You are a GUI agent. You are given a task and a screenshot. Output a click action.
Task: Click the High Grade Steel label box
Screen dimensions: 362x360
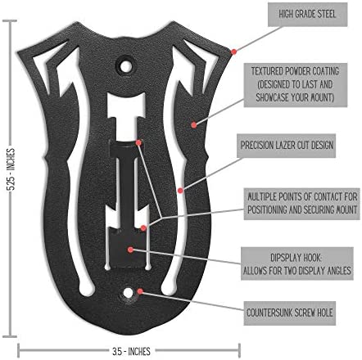coord(307,15)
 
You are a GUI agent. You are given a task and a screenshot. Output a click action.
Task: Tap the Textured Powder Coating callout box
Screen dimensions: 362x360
coord(296,85)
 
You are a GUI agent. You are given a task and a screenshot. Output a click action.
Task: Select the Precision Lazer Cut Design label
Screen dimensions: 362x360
coord(286,146)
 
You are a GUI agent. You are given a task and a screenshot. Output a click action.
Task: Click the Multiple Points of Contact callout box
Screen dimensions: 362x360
coord(302,204)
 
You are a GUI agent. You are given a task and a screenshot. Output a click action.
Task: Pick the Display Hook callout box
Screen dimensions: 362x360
coord(297,263)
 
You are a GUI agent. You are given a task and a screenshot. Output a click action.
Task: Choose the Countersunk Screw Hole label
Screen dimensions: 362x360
coord(290,313)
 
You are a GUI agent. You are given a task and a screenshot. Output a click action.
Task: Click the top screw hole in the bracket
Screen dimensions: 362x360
coord(125,66)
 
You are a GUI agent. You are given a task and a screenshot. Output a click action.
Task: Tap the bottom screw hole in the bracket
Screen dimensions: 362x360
coord(128,293)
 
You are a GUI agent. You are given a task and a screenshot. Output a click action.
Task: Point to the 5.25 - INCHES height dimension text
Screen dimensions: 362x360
coord(11,169)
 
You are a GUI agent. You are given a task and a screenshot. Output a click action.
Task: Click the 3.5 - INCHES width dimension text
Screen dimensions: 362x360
coord(131,351)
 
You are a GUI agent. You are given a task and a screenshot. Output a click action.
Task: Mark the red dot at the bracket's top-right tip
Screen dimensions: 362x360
coord(233,52)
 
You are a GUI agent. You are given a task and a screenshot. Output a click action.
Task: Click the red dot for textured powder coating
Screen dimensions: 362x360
coord(194,125)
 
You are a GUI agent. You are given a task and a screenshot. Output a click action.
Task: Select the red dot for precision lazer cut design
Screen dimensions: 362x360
coord(180,191)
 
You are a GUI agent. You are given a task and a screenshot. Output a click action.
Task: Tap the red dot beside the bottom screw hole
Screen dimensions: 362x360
coord(140,291)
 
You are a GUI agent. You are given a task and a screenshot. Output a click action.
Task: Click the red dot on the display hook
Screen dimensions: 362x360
coord(130,250)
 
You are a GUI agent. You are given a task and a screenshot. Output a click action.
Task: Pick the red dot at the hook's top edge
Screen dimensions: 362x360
coord(138,142)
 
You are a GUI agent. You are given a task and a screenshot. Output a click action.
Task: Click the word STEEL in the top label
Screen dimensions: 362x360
coord(325,14)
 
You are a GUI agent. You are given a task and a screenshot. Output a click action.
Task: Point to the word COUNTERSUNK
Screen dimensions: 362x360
coord(271,313)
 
